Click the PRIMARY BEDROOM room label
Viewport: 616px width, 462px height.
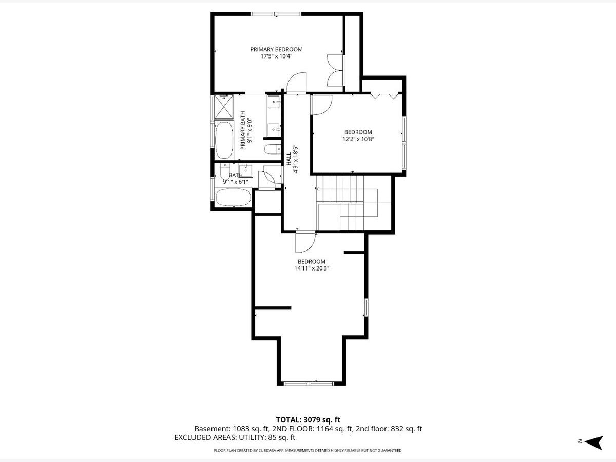click(x=276, y=50)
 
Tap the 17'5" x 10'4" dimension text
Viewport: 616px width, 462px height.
click(x=276, y=56)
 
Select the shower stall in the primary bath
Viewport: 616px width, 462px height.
click(x=224, y=107)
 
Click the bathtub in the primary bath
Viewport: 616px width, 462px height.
click(x=224, y=140)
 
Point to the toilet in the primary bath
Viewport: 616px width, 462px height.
click(x=273, y=149)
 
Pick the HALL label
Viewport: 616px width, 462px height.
click(x=289, y=159)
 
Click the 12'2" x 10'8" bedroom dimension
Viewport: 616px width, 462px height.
click(x=358, y=139)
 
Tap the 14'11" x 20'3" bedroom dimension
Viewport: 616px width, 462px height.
click(x=312, y=268)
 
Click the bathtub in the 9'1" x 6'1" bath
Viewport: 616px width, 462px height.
click(x=233, y=197)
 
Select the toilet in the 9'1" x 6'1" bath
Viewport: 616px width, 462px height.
click(x=225, y=171)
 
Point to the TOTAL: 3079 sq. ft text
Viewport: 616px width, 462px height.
click(x=308, y=420)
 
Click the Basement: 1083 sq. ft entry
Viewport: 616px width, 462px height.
click(x=230, y=429)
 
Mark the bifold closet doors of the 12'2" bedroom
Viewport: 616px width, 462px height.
click(x=385, y=95)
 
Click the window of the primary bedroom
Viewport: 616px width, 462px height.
click(x=276, y=14)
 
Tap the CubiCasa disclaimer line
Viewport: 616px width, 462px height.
click(x=308, y=451)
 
